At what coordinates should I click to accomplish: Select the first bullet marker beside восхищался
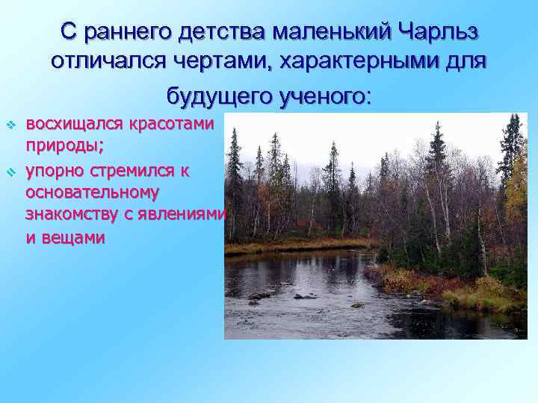pos(11,123)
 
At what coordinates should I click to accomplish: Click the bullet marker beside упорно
pos(11,172)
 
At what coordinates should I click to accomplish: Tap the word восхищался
pos(72,122)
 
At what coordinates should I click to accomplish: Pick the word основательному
pos(92,193)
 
